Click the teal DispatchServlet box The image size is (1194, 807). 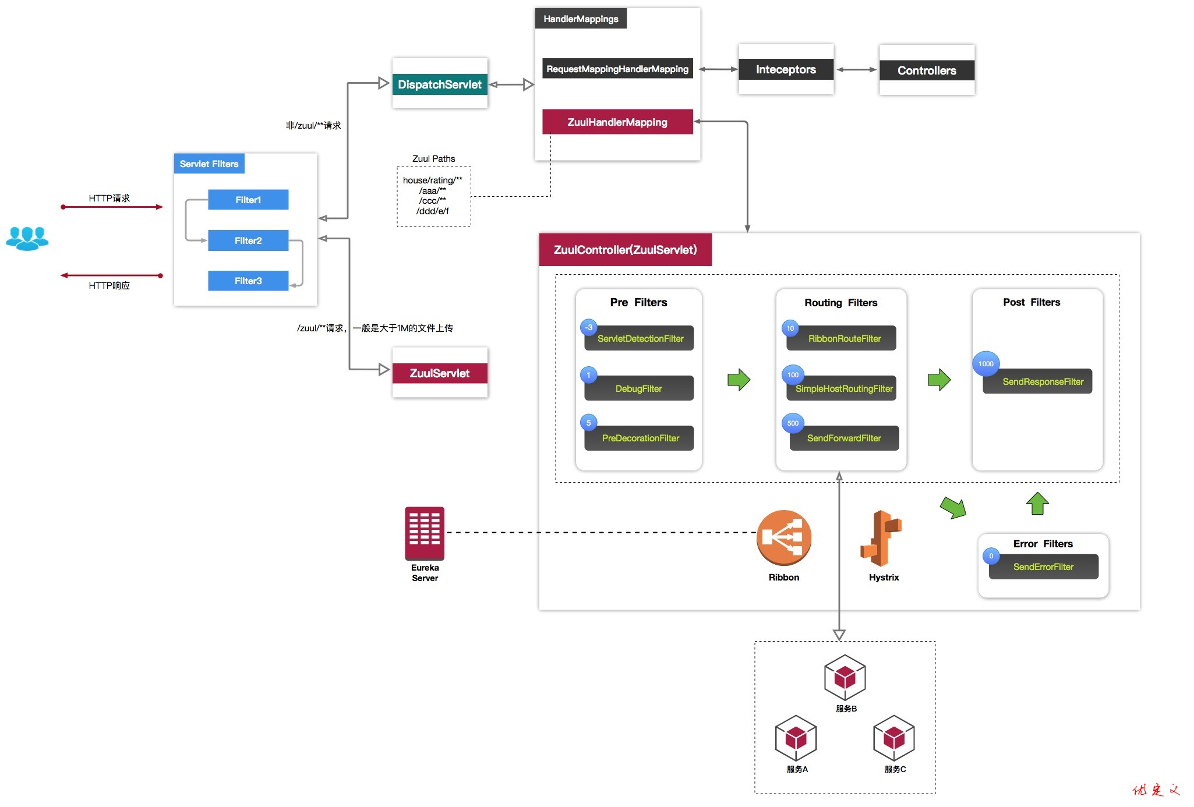(x=440, y=84)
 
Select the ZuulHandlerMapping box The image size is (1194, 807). (x=617, y=122)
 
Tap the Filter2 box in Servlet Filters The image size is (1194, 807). (x=248, y=240)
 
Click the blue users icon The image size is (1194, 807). (x=27, y=238)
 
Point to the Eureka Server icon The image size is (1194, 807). (x=425, y=533)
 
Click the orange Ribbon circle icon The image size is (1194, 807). (x=784, y=537)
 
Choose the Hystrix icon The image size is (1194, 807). (x=881, y=538)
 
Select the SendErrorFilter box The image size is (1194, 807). (x=1043, y=567)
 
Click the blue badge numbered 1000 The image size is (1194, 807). (x=985, y=364)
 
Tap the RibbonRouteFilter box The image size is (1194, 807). (x=844, y=338)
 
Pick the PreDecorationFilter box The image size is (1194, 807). (x=640, y=438)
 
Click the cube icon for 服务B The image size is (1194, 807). (x=845, y=677)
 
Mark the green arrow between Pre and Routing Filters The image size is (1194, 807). (x=739, y=380)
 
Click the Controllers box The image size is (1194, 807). (x=927, y=70)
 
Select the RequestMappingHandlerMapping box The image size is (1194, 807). (x=617, y=69)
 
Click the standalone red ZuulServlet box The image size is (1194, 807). (x=440, y=373)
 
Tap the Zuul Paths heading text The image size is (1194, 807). (x=433, y=158)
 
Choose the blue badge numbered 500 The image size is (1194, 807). (x=793, y=423)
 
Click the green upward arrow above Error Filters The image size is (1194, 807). (x=1037, y=504)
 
